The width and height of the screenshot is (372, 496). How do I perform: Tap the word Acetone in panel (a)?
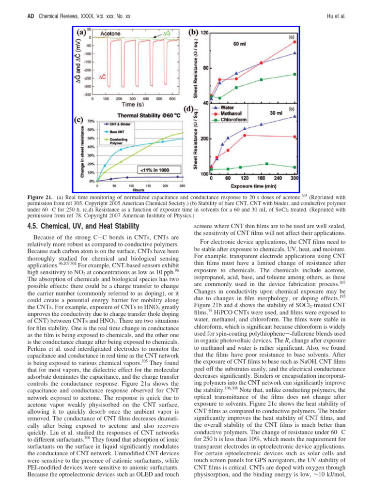[111, 33]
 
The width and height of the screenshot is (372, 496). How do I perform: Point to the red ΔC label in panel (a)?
[103, 77]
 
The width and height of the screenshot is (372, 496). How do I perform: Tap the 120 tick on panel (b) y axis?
[205, 32]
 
